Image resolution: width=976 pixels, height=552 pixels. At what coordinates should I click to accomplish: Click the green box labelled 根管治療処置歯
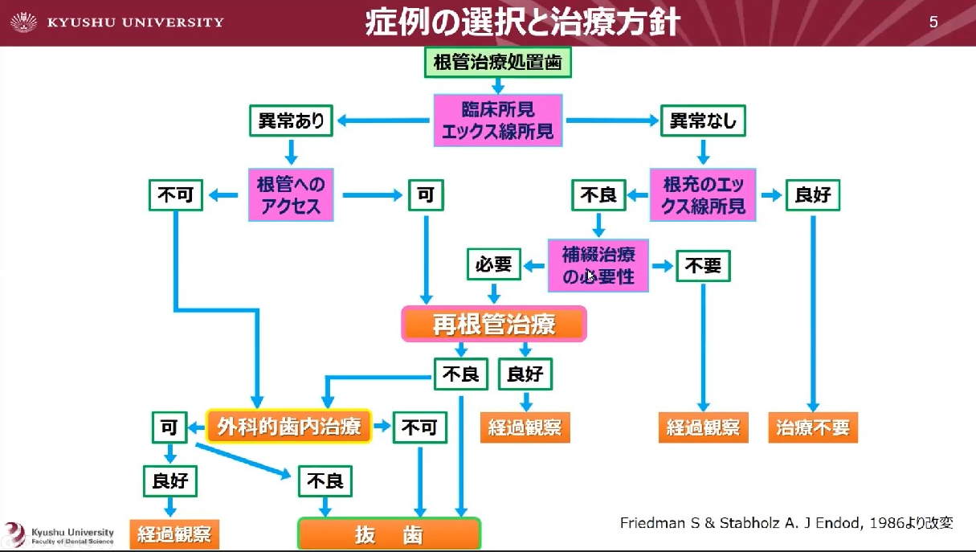[497, 63]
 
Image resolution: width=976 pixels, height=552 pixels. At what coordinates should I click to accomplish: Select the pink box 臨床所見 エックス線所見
[497, 120]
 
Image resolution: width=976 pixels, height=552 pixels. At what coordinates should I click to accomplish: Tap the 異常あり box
[291, 121]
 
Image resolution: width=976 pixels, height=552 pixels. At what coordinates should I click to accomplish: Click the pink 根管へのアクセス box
[291, 194]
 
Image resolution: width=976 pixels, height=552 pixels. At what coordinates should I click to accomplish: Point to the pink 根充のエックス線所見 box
[704, 194]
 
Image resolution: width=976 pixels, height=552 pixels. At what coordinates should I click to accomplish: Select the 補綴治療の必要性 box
[598, 265]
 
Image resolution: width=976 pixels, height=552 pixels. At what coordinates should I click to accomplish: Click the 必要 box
[493, 264]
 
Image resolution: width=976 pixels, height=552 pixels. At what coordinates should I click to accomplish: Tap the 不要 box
[703, 266]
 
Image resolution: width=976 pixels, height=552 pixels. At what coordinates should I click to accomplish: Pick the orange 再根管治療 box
[494, 325]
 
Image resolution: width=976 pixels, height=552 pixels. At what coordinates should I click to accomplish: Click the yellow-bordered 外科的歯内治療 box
[289, 426]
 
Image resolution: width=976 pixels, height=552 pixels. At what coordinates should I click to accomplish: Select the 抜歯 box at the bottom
[389, 534]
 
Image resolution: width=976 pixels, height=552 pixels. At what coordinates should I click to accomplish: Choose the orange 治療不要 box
[813, 427]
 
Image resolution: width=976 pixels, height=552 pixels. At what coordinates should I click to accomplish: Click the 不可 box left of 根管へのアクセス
[177, 194]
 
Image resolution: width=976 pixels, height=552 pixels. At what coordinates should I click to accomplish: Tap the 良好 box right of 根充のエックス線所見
[812, 194]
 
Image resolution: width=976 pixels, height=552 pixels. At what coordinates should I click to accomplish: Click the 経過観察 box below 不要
[703, 427]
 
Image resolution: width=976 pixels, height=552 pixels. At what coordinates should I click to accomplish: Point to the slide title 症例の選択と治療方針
[522, 22]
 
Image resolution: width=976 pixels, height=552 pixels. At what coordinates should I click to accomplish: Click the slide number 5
[933, 22]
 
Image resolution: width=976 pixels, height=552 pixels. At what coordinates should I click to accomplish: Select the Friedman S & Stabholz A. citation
[786, 523]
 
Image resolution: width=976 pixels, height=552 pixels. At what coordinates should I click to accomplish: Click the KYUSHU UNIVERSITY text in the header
[135, 22]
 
